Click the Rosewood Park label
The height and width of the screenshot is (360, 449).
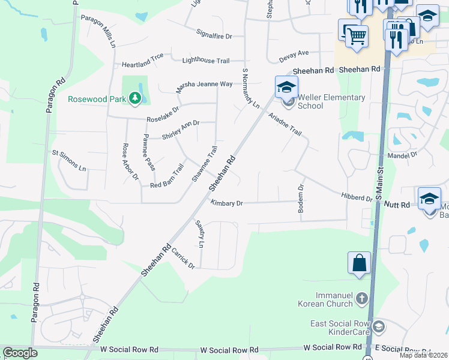(96, 99)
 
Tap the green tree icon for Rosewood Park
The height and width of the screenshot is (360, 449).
(136, 98)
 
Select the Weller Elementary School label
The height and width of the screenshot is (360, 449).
(331, 101)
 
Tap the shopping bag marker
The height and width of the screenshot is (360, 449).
(359, 263)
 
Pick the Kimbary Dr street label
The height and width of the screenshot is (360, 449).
(226, 203)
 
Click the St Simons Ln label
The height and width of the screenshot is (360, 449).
(70, 160)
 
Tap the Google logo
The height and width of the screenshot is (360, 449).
(20, 353)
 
